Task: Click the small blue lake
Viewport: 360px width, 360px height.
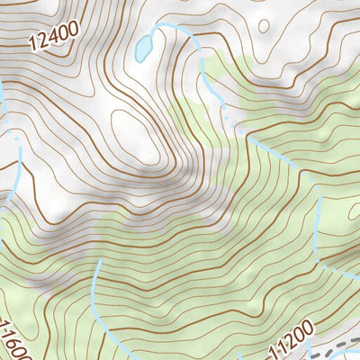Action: tap(142, 49)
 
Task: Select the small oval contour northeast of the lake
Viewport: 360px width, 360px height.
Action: tap(263, 26)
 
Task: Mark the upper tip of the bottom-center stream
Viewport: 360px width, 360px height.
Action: tap(95, 261)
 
